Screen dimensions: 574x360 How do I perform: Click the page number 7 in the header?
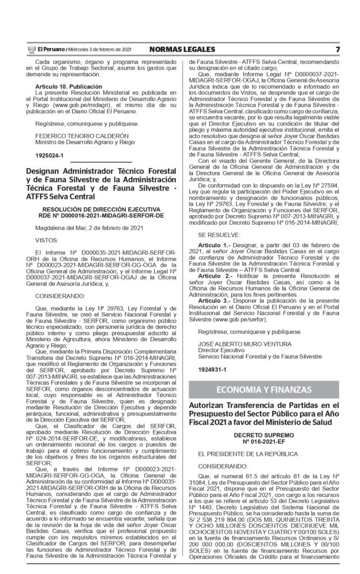[x=338, y=49]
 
